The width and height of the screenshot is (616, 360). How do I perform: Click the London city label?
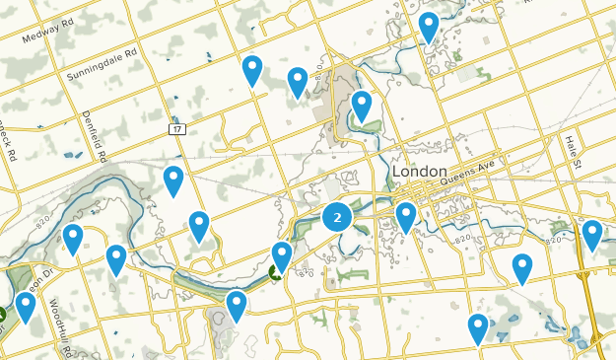point(420,172)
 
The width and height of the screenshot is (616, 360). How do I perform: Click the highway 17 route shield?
point(176,129)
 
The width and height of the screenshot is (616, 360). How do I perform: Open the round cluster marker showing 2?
point(338,217)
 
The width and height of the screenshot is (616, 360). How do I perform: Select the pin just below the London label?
point(406,217)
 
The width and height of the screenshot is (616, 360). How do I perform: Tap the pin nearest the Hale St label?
point(591,235)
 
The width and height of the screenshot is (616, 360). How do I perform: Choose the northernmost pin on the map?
point(429,27)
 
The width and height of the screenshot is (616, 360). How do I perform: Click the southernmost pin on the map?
point(478,328)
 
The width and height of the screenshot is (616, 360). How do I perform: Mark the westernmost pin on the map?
point(25,308)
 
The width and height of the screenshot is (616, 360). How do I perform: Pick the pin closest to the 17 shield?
point(173,180)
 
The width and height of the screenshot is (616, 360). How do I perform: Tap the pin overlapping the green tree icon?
point(282,257)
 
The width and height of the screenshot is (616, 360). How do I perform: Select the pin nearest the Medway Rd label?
point(252,70)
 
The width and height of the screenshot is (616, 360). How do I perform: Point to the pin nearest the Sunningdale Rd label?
point(252,70)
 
